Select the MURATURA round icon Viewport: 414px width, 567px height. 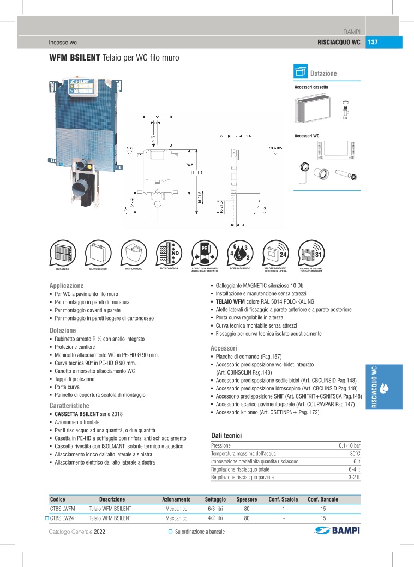(63, 252)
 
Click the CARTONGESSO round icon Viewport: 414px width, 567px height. (98, 252)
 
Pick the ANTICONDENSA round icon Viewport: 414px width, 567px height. (169, 252)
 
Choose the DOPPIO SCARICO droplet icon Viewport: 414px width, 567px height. (239, 252)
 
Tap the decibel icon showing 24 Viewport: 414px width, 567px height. (275, 252)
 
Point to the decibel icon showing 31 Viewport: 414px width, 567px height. (311, 252)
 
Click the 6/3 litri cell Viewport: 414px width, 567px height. (214, 509)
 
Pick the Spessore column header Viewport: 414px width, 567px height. (247, 499)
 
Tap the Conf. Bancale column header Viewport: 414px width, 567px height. (323, 499)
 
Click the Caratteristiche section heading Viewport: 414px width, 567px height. (69, 406)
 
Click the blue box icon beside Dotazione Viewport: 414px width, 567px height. (301, 72)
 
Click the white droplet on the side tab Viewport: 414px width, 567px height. (385, 388)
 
